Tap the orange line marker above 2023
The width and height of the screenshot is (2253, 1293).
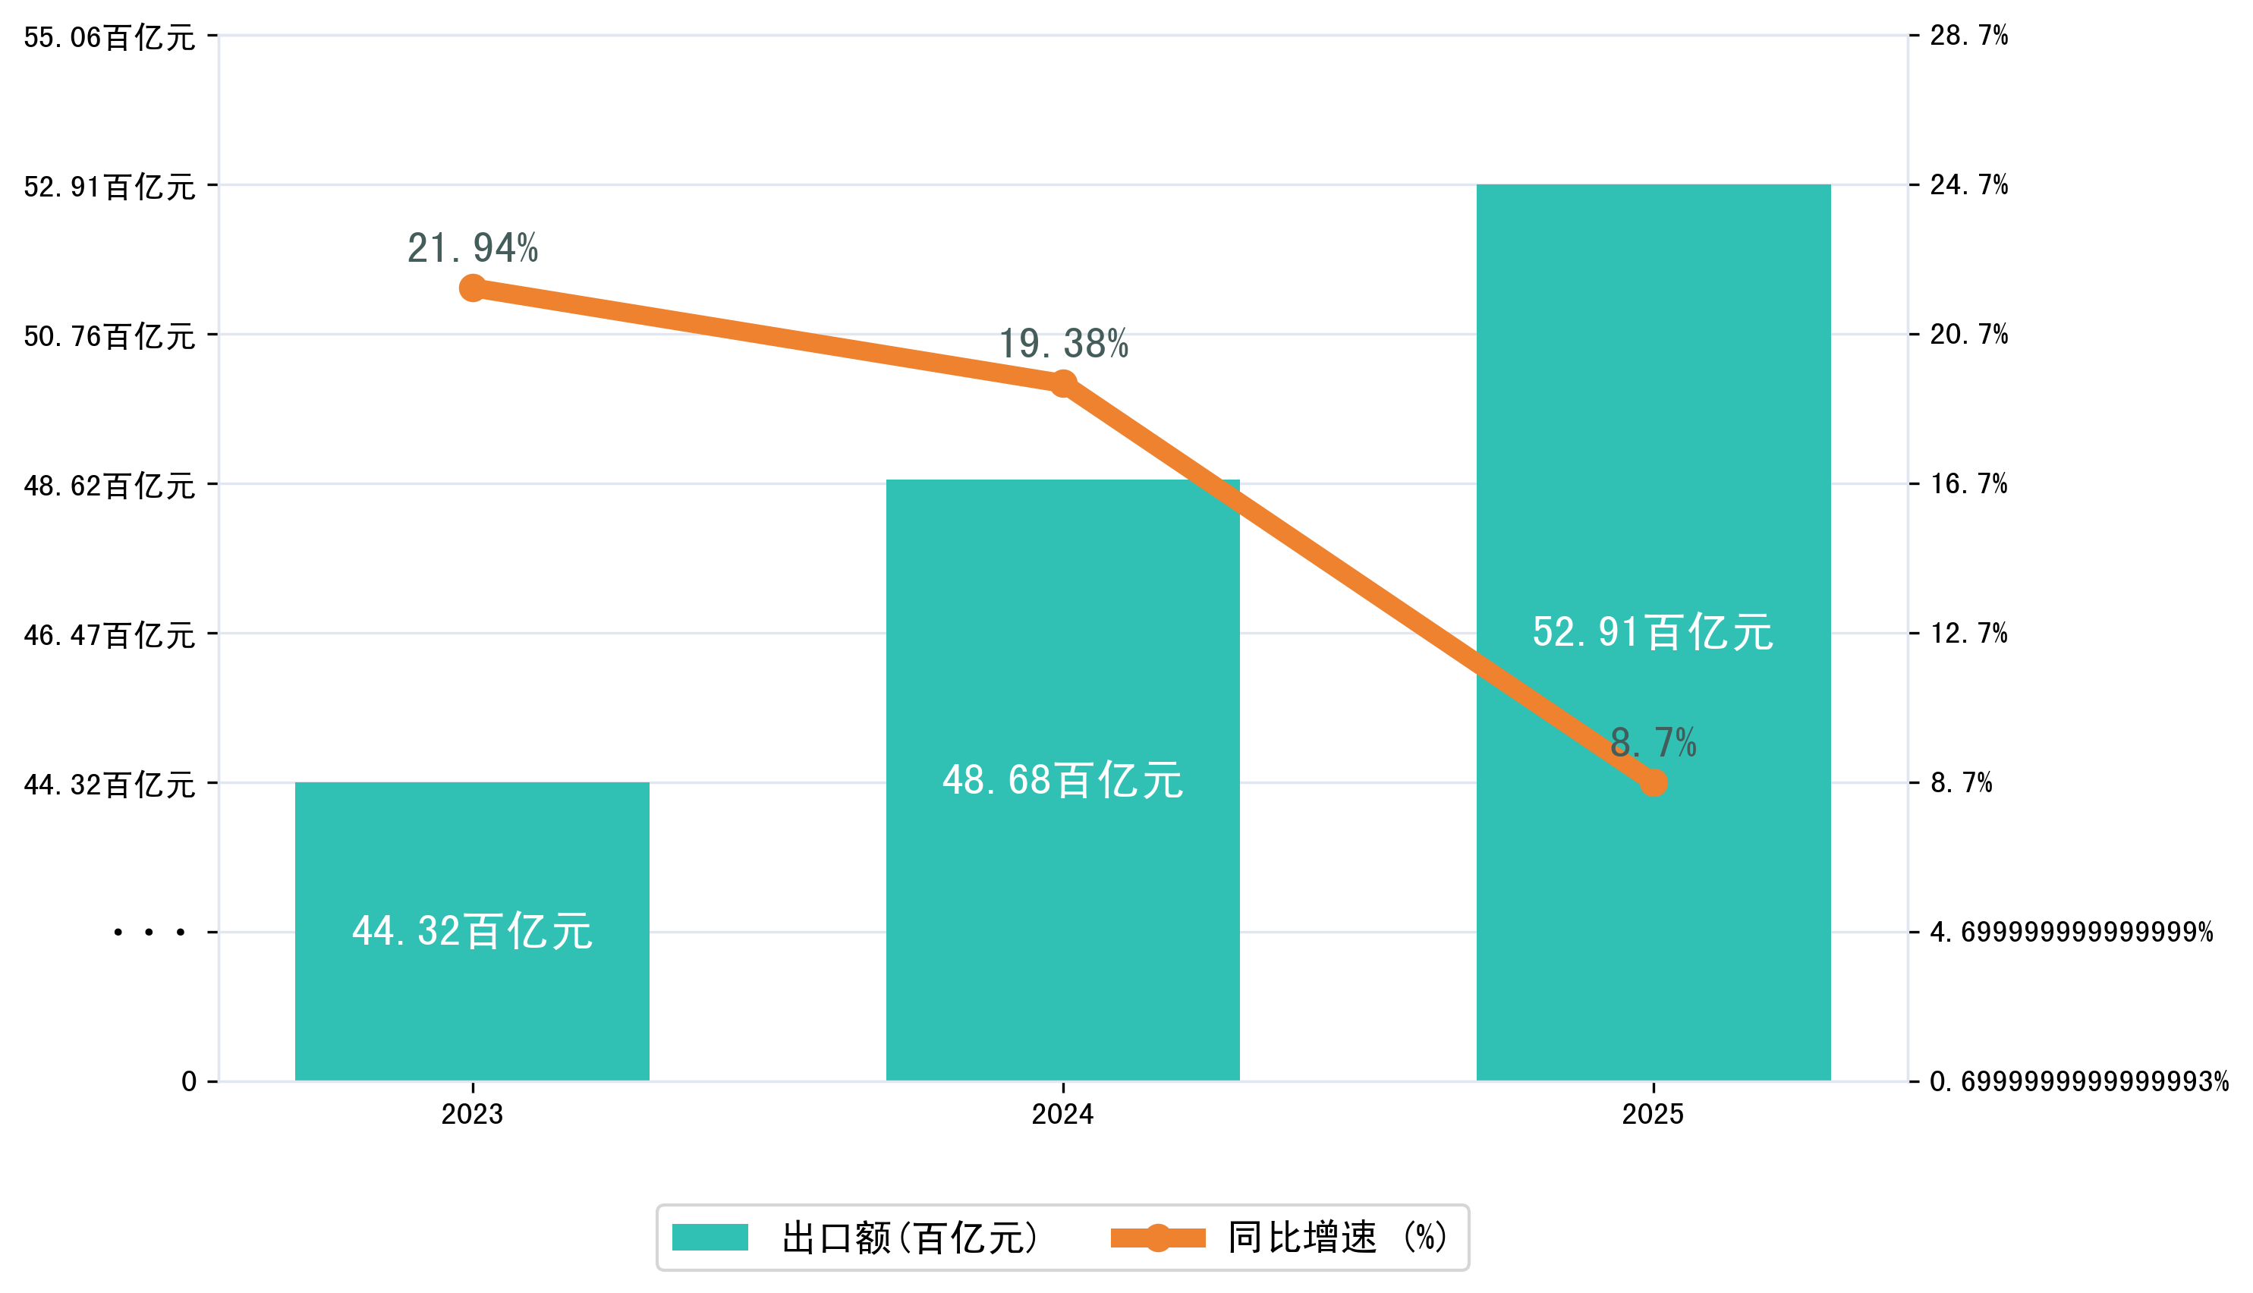tap(473, 288)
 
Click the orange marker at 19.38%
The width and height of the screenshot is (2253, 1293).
tap(1063, 384)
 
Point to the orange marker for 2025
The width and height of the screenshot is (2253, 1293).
tap(1653, 782)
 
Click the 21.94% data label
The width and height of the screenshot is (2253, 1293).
tap(473, 249)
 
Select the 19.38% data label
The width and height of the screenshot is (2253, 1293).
tap(1063, 344)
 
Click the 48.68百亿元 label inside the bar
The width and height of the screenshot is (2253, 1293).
tap(1062, 781)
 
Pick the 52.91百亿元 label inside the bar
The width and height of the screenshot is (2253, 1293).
tap(1653, 632)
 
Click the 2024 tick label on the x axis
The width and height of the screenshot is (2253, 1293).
tap(1062, 1114)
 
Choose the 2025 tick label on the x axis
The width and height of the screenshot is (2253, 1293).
tap(1653, 1114)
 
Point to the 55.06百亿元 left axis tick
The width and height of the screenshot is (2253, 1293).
tap(109, 37)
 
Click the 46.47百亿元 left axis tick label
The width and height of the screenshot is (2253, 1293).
tap(109, 635)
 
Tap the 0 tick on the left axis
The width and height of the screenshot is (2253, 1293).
tap(189, 1081)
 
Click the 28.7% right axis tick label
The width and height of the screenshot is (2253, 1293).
tap(1968, 36)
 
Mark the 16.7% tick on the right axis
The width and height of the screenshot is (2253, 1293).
tap(1968, 484)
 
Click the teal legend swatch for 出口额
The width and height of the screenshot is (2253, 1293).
tap(710, 1237)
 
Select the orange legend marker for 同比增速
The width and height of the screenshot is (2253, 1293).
tap(1157, 1237)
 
